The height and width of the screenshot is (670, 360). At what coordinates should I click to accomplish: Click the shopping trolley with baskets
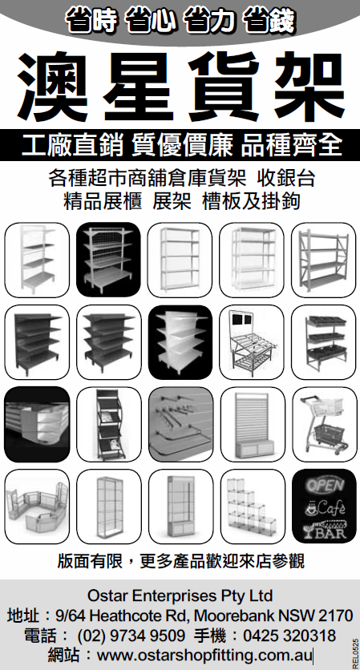(324, 424)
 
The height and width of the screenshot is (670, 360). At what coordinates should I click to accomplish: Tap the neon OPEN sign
(325, 485)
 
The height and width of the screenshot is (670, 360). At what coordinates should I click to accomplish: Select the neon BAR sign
(324, 529)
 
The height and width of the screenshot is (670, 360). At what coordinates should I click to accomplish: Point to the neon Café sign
(325, 507)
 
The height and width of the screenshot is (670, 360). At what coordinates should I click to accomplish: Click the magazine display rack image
(108, 424)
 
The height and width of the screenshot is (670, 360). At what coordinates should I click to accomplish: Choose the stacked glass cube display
(253, 506)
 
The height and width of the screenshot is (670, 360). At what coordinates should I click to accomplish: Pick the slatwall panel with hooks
(180, 424)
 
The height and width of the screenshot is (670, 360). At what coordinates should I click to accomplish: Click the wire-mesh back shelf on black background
(108, 260)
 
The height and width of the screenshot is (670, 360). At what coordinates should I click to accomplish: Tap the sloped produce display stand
(252, 343)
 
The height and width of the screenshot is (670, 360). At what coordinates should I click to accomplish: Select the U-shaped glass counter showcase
(37, 507)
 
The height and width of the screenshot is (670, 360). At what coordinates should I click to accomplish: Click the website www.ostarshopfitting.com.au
(205, 655)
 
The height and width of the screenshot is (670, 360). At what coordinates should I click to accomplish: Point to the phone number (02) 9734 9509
(131, 636)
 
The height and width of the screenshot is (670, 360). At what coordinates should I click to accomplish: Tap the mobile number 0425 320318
(289, 636)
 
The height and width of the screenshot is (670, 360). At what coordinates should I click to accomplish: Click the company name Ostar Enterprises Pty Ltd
(180, 595)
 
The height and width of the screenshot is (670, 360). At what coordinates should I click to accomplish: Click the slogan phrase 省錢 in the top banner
(269, 22)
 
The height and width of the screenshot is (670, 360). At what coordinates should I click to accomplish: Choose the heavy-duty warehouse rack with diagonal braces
(324, 260)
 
